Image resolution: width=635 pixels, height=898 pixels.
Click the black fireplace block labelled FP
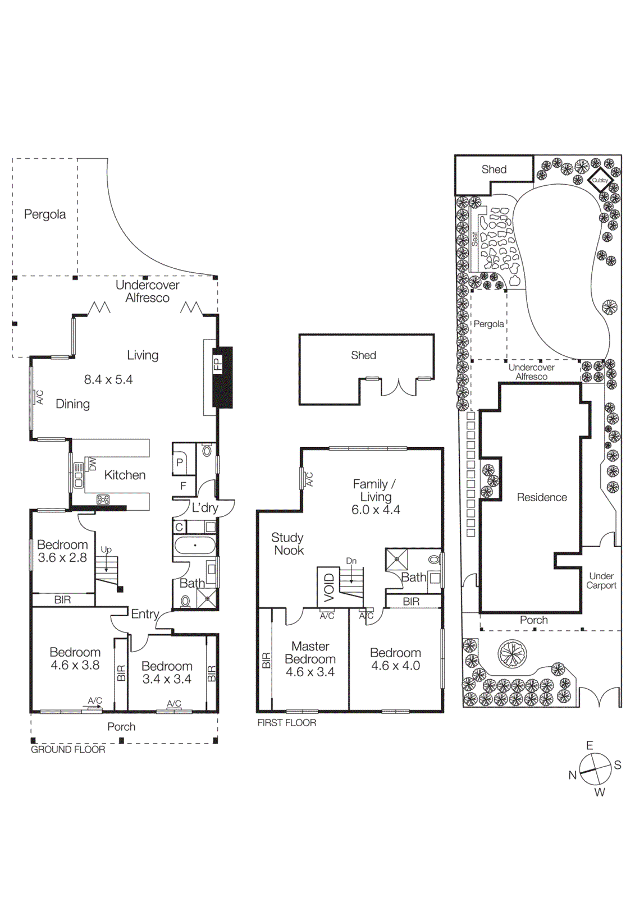point(222,377)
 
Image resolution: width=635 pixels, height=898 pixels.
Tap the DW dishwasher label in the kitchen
point(92,464)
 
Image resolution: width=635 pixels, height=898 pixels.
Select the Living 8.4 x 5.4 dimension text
point(108,380)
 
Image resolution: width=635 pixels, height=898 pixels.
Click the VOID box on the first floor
point(329,587)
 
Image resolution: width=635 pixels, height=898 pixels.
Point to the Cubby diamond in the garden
point(600,180)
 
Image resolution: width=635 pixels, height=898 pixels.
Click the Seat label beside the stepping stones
point(474,239)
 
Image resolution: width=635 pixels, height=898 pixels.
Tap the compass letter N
point(572,775)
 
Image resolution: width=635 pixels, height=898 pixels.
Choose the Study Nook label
point(288,544)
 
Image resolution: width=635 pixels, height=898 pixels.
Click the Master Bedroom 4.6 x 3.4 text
point(310,659)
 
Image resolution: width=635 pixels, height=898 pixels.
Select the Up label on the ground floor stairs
point(106,549)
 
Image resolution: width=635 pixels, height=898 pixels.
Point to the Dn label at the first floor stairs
point(351,561)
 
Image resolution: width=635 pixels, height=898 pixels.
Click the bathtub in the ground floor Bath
point(195,546)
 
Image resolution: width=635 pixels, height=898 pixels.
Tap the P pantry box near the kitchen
point(180,462)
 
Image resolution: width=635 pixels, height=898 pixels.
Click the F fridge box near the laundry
point(183,486)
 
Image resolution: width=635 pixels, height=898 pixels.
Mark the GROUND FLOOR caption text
point(68,749)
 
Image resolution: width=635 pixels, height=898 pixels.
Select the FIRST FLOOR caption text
point(287,723)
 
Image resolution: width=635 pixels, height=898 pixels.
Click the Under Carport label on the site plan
point(601,580)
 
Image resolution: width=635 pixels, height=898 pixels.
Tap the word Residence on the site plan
point(542,497)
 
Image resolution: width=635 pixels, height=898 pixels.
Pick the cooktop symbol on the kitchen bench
point(103,499)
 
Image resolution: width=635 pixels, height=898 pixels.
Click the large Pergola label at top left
point(45,214)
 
